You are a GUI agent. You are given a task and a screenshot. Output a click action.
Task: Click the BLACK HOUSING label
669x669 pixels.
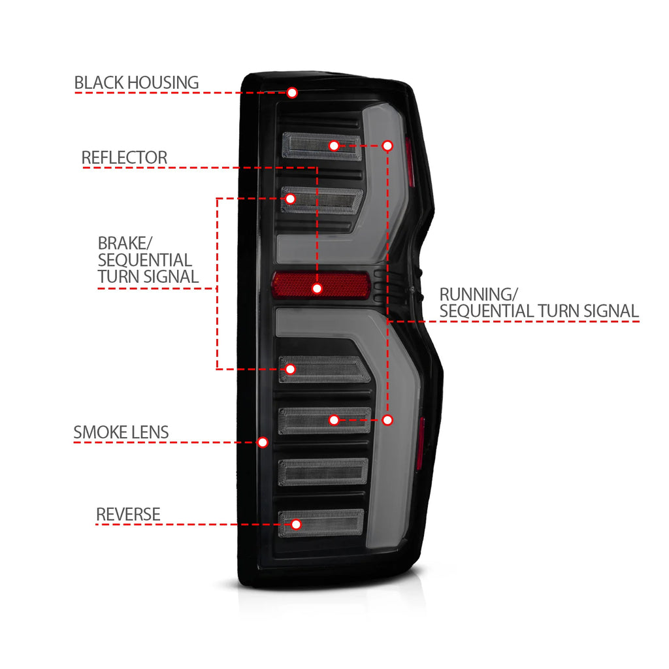pyautogui.click(x=137, y=83)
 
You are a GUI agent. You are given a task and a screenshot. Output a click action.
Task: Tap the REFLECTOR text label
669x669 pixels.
pyautogui.click(x=124, y=157)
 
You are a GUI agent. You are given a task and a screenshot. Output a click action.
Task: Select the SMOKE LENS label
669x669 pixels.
pyautogui.click(x=121, y=432)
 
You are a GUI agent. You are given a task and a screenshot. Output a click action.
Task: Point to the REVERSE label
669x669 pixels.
pyautogui.click(x=128, y=515)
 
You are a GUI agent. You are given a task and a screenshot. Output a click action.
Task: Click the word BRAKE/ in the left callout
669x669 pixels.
pyautogui.click(x=125, y=243)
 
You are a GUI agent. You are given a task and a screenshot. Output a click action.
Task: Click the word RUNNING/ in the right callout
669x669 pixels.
pyautogui.click(x=479, y=295)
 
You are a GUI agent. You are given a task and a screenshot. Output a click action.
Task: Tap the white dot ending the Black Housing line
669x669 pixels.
pyautogui.click(x=292, y=93)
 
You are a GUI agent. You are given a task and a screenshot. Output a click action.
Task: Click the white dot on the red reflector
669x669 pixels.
pyautogui.click(x=317, y=289)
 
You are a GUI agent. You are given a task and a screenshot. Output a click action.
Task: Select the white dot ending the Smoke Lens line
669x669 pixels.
pyautogui.click(x=263, y=442)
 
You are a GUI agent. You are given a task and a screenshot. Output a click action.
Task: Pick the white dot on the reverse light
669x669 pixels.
pyautogui.click(x=296, y=525)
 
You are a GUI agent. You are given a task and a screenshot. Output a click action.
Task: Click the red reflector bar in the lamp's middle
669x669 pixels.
pyautogui.click(x=321, y=285)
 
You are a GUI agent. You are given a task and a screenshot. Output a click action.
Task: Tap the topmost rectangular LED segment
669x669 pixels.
pyautogui.click(x=322, y=146)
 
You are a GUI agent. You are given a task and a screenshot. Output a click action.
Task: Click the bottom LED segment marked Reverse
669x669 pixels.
pyautogui.click(x=321, y=523)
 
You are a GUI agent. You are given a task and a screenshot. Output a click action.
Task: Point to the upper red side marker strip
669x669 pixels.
pyautogui.click(x=410, y=163)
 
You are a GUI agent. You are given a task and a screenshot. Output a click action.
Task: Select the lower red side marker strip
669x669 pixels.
pyautogui.click(x=421, y=442)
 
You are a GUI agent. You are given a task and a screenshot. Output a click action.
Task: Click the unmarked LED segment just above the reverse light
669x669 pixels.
pyautogui.click(x=323, y=472)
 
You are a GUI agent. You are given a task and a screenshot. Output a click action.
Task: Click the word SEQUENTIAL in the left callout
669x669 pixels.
pyautogui.click(x=145, y=260)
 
